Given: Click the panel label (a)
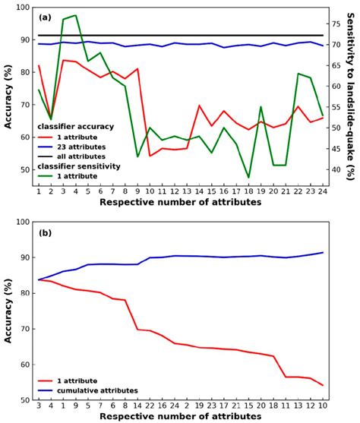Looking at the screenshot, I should click(45, 17).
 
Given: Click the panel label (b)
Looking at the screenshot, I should click(45, 233).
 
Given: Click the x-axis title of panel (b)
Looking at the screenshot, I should click(181, 417).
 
